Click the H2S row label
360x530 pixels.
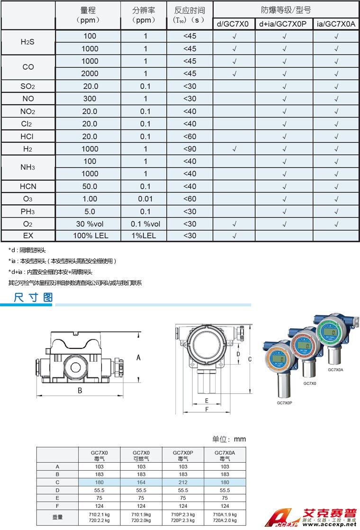tap(28, 42)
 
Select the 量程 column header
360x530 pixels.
tap(89, 15)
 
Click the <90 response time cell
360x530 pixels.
tap(189, 149)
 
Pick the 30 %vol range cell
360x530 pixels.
tap(89, 224)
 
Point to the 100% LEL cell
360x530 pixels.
tap(89, 236)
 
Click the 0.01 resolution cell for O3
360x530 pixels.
tap(145, 199)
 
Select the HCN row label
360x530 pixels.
tap(28, 186)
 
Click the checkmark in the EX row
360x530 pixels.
tap(234, 236)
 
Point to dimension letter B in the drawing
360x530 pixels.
tap(80, 391)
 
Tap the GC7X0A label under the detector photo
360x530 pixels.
tap(335, 370)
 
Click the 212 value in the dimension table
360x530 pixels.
tap(183, 482)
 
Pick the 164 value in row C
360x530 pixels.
tap(141, 482)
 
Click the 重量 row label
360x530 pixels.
tap(57, 517)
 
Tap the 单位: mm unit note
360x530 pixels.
tap(229, 439)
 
